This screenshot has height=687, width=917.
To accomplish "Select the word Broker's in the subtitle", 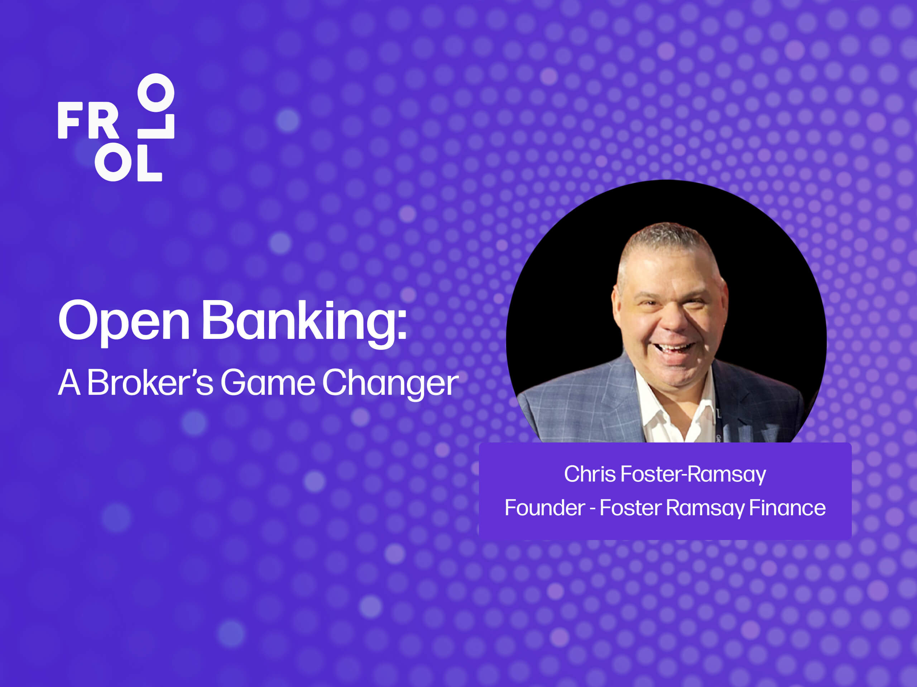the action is (x=150, y=382).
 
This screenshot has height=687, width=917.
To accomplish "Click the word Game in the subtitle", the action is (x=268, y=382).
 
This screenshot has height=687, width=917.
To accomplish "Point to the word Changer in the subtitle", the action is (x=390, y=383).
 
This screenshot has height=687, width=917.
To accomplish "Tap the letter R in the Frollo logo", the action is (x=103, y=120).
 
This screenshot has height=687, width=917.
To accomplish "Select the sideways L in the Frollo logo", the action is (x=156, y=127).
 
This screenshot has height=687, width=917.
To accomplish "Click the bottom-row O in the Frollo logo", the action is (x=113, y=163).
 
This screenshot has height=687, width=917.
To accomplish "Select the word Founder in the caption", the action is (x=545, y=508).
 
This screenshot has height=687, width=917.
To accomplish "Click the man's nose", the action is (x=674, y=319).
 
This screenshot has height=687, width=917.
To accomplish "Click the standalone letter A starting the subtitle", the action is (x=69, y=382).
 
